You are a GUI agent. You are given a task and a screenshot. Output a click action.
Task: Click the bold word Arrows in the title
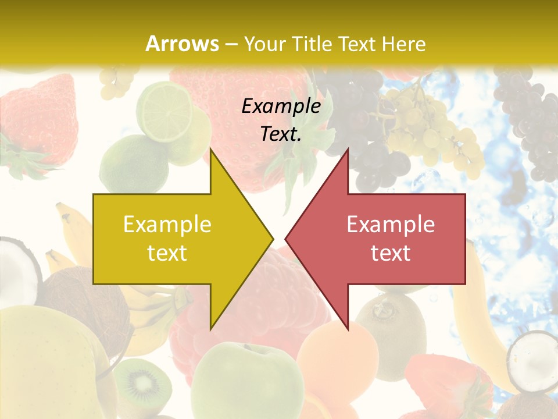183,44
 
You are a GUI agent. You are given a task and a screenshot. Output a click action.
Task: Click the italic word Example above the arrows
281,106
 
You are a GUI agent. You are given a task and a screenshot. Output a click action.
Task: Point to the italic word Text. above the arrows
281,134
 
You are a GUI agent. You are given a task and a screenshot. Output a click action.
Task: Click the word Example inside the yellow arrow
167,225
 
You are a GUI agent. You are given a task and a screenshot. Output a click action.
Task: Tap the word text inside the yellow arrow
167,253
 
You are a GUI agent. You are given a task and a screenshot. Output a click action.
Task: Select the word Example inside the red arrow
391,225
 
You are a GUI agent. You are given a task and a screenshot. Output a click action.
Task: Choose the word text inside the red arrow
391,253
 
